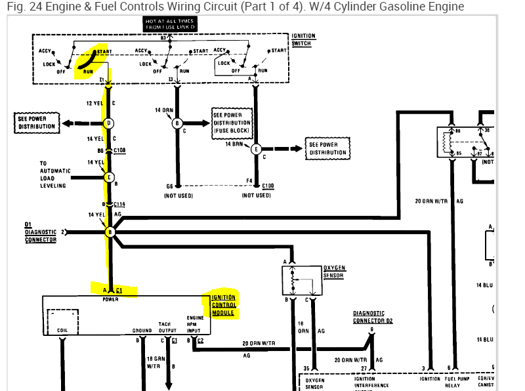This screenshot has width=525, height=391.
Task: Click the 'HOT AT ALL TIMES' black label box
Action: click(169, 24)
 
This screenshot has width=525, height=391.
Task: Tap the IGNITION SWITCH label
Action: click(303, 40)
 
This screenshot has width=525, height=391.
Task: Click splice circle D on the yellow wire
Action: click(110, 123)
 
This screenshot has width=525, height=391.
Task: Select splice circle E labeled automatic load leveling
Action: click(110, 176)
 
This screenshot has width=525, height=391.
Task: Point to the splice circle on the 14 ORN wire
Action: click(176, 123)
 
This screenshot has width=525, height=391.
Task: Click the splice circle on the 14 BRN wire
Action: click(255, 148)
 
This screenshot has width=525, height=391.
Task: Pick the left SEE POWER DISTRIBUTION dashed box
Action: click(37, 122)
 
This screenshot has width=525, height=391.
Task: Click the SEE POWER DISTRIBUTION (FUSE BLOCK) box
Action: click(232, 123)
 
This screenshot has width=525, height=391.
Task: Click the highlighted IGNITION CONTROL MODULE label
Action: click(223, 305)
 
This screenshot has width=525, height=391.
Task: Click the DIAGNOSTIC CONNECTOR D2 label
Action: click(373, 318)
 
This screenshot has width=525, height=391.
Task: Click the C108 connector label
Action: click(119, 150)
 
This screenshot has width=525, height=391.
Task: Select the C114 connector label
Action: click(119, 205)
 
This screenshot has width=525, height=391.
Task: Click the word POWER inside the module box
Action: click(111, 300)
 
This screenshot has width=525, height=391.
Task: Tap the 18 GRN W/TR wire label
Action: click(156, 361)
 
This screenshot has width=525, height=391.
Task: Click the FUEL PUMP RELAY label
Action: click(458, 382)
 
